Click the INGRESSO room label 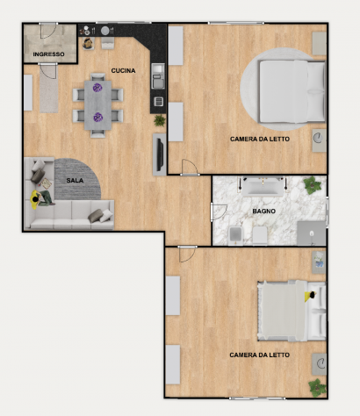click(x=48, y=54)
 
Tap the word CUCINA click(x=123, y=70)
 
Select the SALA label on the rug click(x=75, y=181)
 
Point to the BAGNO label click(x=264, y=211)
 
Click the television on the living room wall click(x=160, y=154)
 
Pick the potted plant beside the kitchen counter click(x=160, y=120)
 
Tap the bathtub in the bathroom click(x=263, y=186)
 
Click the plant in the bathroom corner click(x=313, y=185)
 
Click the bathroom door click(x=219, y=212)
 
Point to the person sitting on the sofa click(x=42, y=198)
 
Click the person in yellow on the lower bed click(x=310, y=296)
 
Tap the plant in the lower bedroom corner click(x=317, y=388)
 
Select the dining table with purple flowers click(x=97, y=105)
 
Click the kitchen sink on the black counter click(x=158, y=76)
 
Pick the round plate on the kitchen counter click(x=105, y=31)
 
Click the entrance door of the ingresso click(x=48, y=31)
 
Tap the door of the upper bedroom click(x=190, y=168)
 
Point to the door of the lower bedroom click(x=187, y=255)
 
